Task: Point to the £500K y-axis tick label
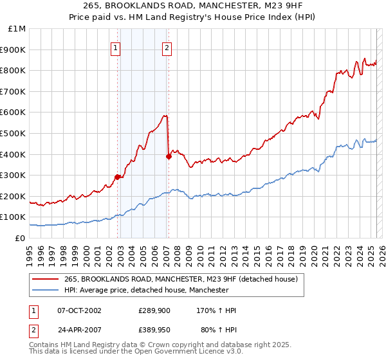point(14,133)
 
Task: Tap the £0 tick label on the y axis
point(21,238)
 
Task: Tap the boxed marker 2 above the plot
point(167,47)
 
